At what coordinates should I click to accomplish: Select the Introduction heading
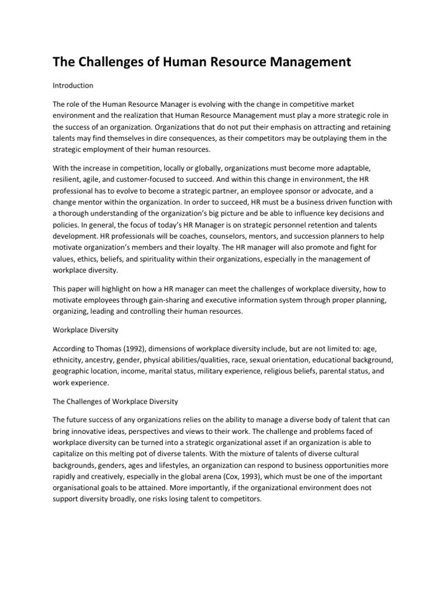73,85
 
